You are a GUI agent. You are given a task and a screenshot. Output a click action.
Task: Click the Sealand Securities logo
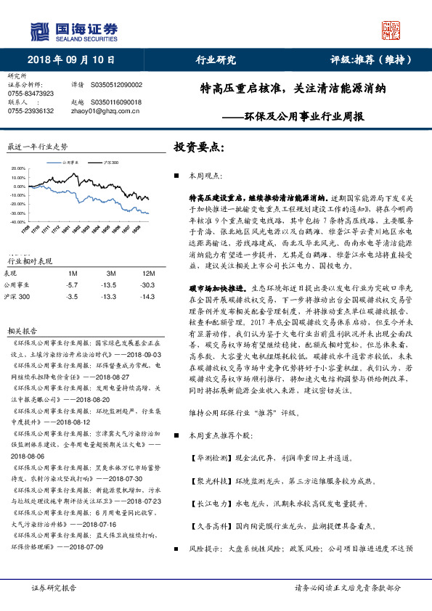73,30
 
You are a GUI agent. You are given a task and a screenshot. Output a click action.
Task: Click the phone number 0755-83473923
30,94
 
